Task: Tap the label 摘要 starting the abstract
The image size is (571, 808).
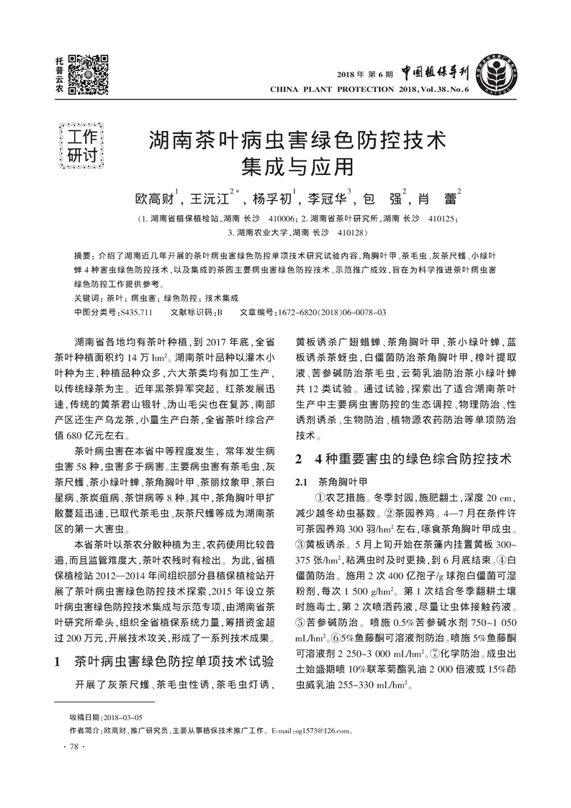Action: coord(84,256)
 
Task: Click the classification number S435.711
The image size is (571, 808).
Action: coord(137,312)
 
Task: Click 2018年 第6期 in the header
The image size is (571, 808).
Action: coord(365,73)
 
